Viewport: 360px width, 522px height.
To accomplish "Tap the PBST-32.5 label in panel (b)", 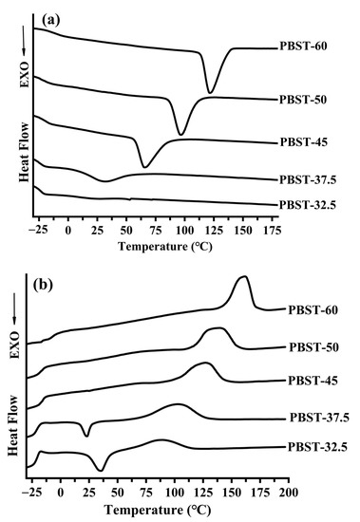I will click(319, 446).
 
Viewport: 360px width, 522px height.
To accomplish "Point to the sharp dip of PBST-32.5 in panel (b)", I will click(101, 469).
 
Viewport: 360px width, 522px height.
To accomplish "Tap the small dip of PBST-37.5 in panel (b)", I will click(86, 436).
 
